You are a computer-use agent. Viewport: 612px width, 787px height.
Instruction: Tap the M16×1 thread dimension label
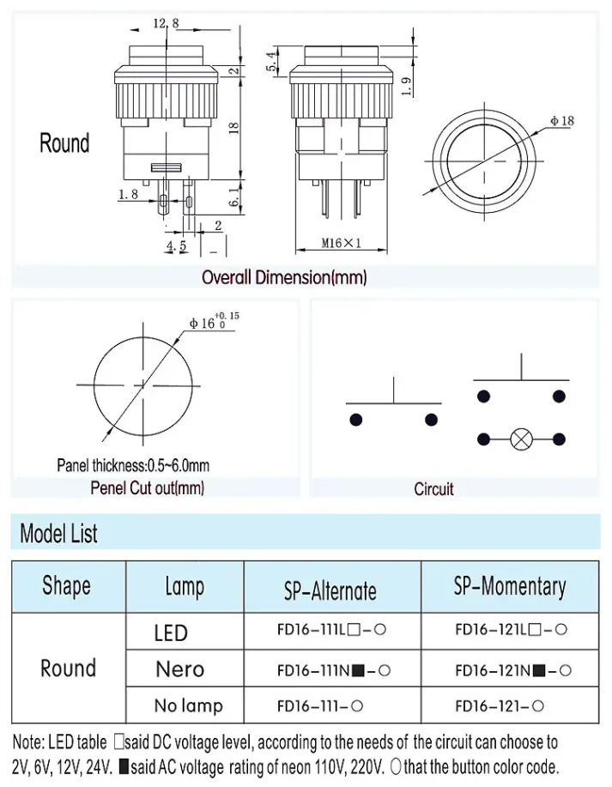coord(342,243)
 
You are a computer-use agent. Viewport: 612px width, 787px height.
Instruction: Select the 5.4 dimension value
coord(272,60)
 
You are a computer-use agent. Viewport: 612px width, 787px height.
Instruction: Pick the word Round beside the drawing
coord(64,142)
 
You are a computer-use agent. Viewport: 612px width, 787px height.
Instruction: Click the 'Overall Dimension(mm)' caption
coord(284,277)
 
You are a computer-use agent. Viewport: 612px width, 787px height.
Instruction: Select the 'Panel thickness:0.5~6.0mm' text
coord(133,465)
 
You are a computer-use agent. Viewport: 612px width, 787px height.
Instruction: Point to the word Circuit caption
coord(433,488)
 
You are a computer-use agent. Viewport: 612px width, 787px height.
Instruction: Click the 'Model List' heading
coord(59,534)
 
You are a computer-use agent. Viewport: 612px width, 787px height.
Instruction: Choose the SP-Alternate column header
coord(330,590)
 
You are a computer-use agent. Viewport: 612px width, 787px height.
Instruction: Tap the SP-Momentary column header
coord(510,587)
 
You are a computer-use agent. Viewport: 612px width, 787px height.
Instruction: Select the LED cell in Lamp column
coord(171,633)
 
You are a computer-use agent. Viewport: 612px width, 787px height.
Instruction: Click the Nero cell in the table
coord(179,669)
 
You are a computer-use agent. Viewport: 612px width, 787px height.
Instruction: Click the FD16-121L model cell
coord(511,629)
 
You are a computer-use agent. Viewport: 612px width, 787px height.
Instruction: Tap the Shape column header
coord(66,586)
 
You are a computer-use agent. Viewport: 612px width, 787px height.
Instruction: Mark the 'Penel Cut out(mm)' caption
coord(147,488)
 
